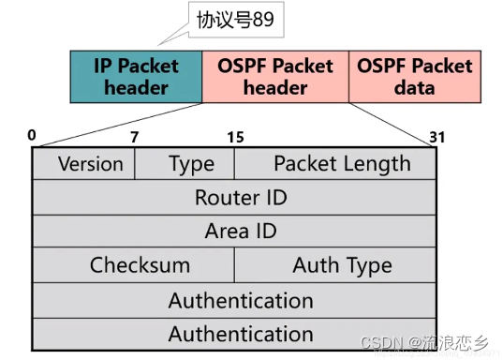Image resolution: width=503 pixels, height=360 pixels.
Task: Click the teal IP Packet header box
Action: pyautogui.click(x=136, y=77)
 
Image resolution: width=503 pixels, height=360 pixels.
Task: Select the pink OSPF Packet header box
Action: pyautogui.click(x=275, y=77)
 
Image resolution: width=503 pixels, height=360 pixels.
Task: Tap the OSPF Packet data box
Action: pyautogui.click(x=414, y=77)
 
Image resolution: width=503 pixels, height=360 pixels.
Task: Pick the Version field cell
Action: pyautogui.click(x=90, y=164)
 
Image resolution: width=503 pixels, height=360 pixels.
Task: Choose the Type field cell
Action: pyautogui.click(x=191, y=164)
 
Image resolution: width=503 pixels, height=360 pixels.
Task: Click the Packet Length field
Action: pyautogui.click(x=342, y=164)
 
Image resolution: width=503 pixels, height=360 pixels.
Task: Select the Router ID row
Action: pyautogui.click(x=241, y=198)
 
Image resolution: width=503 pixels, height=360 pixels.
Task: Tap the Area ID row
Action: pyautogui.click(x=241, y=232)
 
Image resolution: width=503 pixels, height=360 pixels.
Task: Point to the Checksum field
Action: pyautogui.click(x=140, y=265)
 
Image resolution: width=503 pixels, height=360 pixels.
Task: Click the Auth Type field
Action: pyautogui.click(x=342, y=265)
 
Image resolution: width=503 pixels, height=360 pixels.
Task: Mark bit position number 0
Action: pyautogui.click(x=32, y=135)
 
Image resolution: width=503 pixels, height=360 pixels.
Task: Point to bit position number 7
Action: pyautogui.click(x=134, y=137)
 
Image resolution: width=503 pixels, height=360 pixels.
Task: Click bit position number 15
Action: pyautogui.click(x=235, y=137)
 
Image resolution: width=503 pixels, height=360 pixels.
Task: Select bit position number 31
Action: pyautogui.click(x=436, y=137)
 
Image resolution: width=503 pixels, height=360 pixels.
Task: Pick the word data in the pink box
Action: pyautogui.click(x=414, y=88)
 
